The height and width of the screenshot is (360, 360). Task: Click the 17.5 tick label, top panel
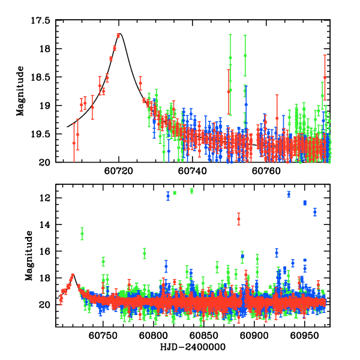click(x=42, y=20)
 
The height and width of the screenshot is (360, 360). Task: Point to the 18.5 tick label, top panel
click(x=42, y=77)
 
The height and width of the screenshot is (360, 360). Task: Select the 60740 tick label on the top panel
click(x=192, y=171)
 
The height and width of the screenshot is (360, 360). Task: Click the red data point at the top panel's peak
click(x=118, y=35)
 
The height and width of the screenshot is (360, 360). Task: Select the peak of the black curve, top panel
click(x=119, y=34)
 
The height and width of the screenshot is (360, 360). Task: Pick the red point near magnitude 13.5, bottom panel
click(x=238, y=220)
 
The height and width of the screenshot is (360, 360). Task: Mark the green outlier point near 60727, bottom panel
click(x=82, y=233)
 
